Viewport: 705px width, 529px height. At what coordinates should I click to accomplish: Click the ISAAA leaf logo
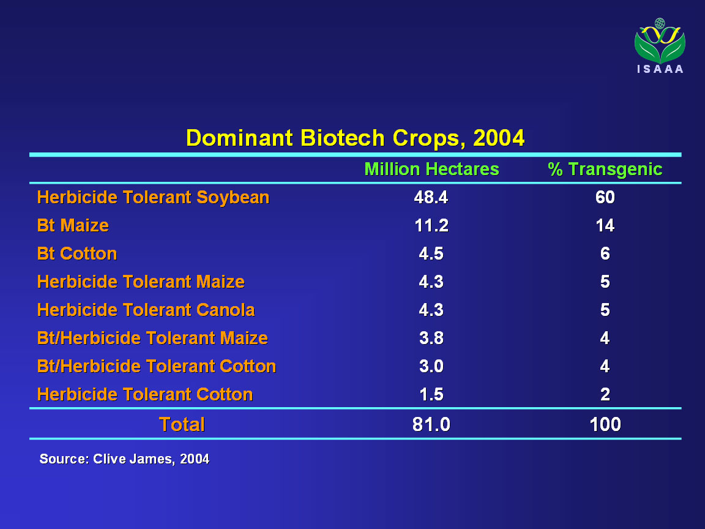tap(660, 45)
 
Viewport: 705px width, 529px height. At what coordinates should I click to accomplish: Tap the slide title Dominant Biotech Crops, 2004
tap(355, 138)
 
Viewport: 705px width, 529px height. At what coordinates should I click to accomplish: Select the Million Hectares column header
tap(431, 169)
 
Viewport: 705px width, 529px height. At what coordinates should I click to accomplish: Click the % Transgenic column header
tap(605, 169)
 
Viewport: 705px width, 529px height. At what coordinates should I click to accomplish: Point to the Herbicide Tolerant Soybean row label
tap(154, 198)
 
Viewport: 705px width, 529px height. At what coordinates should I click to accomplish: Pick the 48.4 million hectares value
tap(431, 198)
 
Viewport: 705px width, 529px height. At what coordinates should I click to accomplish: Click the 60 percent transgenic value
tap(605, 198)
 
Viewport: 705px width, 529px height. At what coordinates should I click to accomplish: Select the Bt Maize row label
tap(73, 225)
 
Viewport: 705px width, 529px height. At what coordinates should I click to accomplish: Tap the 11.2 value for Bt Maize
tap(431, 225)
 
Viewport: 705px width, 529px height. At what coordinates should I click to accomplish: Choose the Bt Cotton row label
tap(77, 253)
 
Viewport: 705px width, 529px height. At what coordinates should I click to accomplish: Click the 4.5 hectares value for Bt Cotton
tap(431, 253)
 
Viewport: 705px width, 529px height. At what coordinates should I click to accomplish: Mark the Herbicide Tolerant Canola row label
tap(146, 310)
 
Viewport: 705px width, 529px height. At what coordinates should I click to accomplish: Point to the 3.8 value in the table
tap(431, 338)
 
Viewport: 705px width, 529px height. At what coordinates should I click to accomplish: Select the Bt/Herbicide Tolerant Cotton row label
tap(157, 366)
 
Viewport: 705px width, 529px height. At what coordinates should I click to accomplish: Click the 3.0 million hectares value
tap(431, 366)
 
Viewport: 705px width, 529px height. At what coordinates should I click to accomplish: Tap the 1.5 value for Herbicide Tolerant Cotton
tap(431, 394)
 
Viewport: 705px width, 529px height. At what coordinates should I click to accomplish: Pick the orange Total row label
tap(182, 424)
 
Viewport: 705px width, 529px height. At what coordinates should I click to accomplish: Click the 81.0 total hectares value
tap(431, 424)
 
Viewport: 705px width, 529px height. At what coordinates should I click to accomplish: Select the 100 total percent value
tap(605, 424)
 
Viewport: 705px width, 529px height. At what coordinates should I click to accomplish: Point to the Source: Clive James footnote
tap(125, 459)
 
